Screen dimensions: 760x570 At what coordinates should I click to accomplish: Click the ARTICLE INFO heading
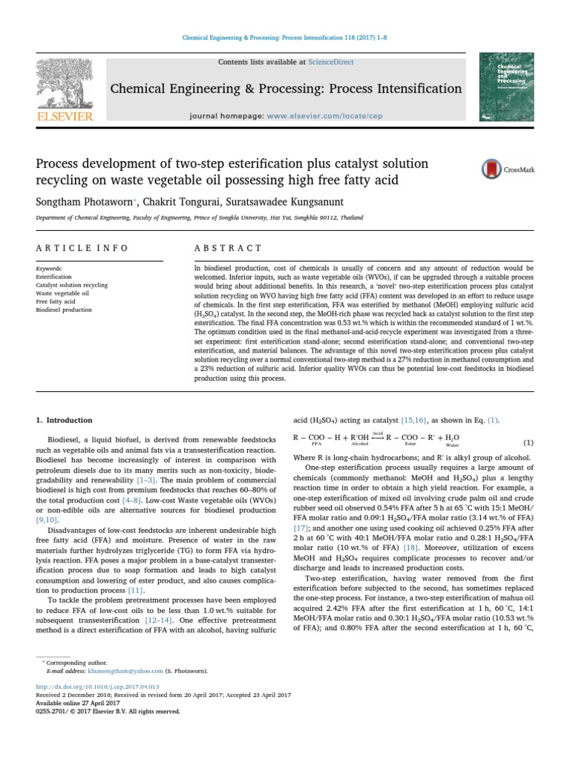[x=82, y=248]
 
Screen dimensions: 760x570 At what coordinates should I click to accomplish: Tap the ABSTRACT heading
[x=228, y=248]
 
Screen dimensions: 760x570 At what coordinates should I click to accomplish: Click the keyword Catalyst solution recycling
[x=72, y=285]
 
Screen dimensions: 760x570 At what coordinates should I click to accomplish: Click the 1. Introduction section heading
[x=65, y=420]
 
